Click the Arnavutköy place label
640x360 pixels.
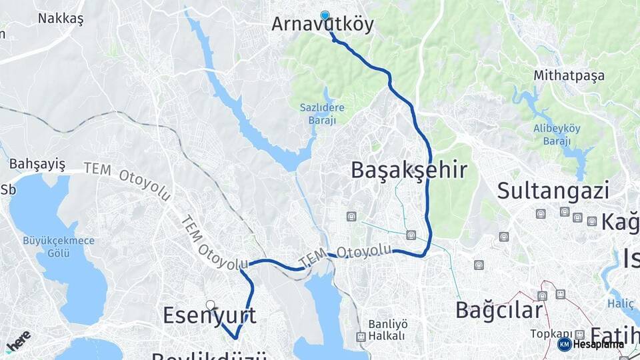322,25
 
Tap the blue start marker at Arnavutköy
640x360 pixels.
325,16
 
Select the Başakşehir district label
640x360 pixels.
409,170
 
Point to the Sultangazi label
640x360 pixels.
553,191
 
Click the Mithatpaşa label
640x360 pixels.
569,76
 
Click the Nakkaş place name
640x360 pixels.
61,19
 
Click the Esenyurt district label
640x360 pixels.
209,315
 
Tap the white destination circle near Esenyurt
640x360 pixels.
211,305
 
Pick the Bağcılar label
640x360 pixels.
499,310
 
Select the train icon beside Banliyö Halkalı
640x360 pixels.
361,337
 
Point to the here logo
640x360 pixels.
18,340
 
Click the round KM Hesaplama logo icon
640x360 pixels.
564,344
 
